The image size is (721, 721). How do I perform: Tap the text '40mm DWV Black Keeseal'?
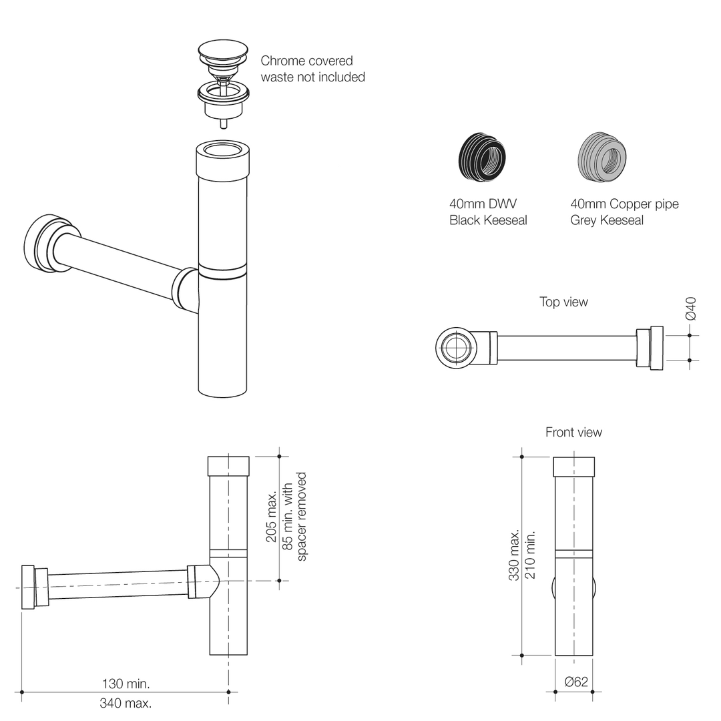coord(488,212)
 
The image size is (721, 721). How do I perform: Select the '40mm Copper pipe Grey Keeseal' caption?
coord(624,212)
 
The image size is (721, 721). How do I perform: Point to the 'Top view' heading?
coord(563,302)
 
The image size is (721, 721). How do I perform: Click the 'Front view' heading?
coord(573,433)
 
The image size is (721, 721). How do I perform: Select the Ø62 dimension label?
coord(576,682)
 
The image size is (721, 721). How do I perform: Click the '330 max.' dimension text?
coord(515,555)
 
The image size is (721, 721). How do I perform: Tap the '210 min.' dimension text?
coord(531,555)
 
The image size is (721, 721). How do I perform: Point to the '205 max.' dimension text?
coord(272,517)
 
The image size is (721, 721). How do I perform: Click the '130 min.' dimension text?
coord(126,684)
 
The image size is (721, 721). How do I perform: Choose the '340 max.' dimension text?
coord(126,703)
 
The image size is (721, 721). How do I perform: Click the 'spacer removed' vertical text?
coord(302,517)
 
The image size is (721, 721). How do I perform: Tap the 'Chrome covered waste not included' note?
coord(312,69)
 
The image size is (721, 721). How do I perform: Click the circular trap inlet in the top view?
coord(457,348)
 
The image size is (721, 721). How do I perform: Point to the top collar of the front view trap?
coord(574,467)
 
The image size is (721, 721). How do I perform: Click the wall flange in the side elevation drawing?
coord(28,587)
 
